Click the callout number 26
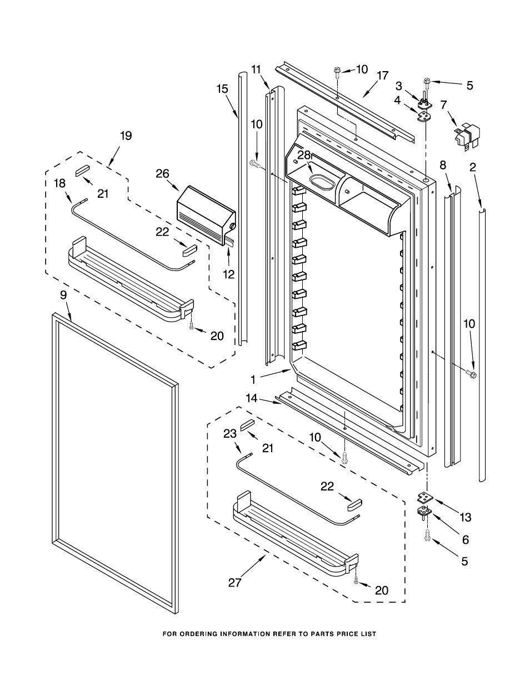click(162, 174)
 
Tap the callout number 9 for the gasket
click(63, 295)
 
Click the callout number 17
click(382, 76)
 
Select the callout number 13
click(466, 518)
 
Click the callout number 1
click(253, 380)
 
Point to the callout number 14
click(252, 398)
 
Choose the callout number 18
click(59, 183)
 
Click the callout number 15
click(222, 88)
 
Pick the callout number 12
click(229, 274)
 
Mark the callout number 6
click(466, 539)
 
